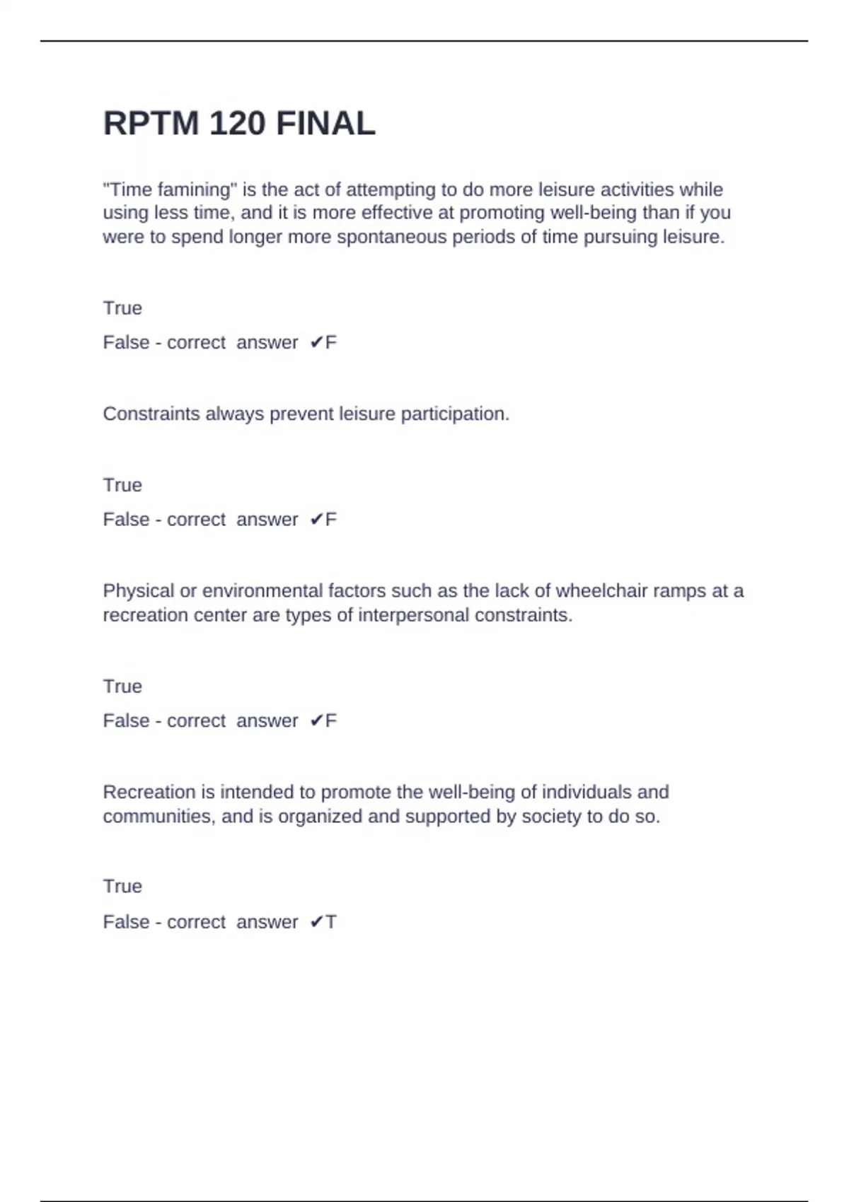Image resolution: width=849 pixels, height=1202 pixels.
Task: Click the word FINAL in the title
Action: click(325, 124)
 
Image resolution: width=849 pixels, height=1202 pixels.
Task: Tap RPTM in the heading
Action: click(151, 124)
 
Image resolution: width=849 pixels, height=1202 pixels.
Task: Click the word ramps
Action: click(678, 591)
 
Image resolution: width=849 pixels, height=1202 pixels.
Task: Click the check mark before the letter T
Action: click(316, 922)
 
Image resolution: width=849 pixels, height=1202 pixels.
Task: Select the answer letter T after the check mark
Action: click(331, 922)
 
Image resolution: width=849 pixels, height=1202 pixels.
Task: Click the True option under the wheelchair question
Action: click(122, 687)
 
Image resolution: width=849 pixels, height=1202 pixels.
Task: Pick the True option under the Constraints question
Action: click(122, 485)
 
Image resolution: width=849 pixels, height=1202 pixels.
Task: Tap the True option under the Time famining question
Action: click(122, 308)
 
